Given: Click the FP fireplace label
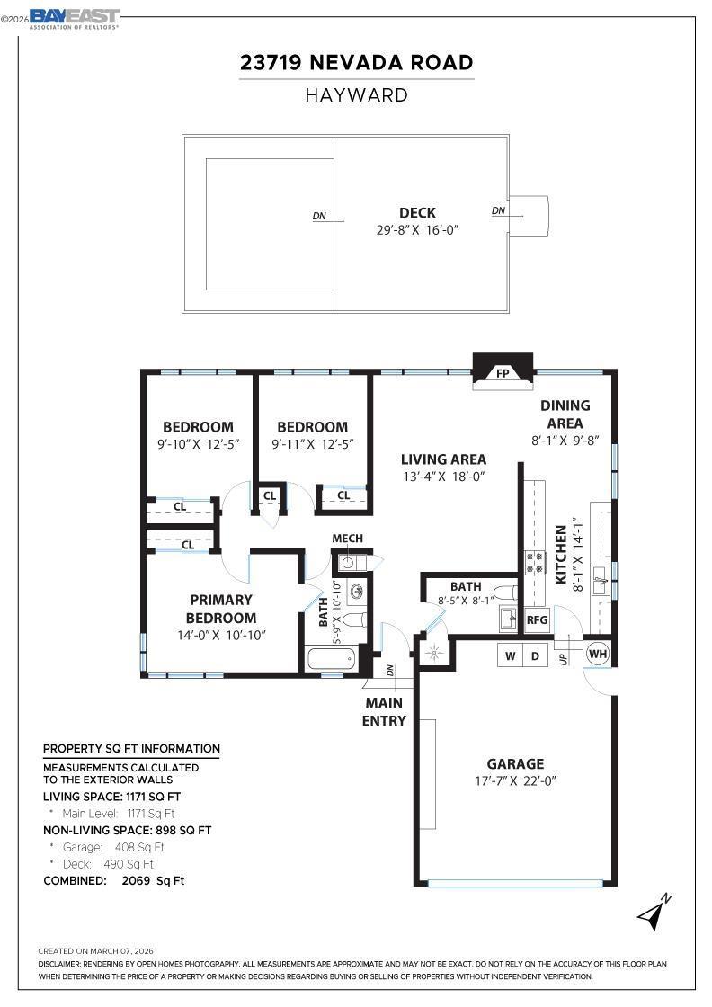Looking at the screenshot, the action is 503,373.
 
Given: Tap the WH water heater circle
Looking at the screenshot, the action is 598,654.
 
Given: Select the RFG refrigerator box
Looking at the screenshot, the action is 537,619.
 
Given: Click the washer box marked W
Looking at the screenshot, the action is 511,655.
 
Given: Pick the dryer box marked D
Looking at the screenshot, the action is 535,655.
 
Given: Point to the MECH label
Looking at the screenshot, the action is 347,539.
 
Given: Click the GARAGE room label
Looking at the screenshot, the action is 515,763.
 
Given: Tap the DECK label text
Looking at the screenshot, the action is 417,212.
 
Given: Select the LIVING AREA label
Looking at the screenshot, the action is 443,459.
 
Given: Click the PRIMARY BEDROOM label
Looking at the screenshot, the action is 221,609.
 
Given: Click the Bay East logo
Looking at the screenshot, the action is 75,18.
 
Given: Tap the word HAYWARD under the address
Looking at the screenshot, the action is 357,95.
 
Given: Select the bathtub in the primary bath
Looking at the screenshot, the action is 332,659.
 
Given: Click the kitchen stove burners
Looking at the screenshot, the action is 534,563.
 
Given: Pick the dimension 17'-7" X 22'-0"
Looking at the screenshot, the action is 515,781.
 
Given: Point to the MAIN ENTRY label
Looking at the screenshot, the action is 384,711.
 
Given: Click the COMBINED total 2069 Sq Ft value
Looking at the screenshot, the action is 153,880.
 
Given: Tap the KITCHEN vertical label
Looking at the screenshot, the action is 560,555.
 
